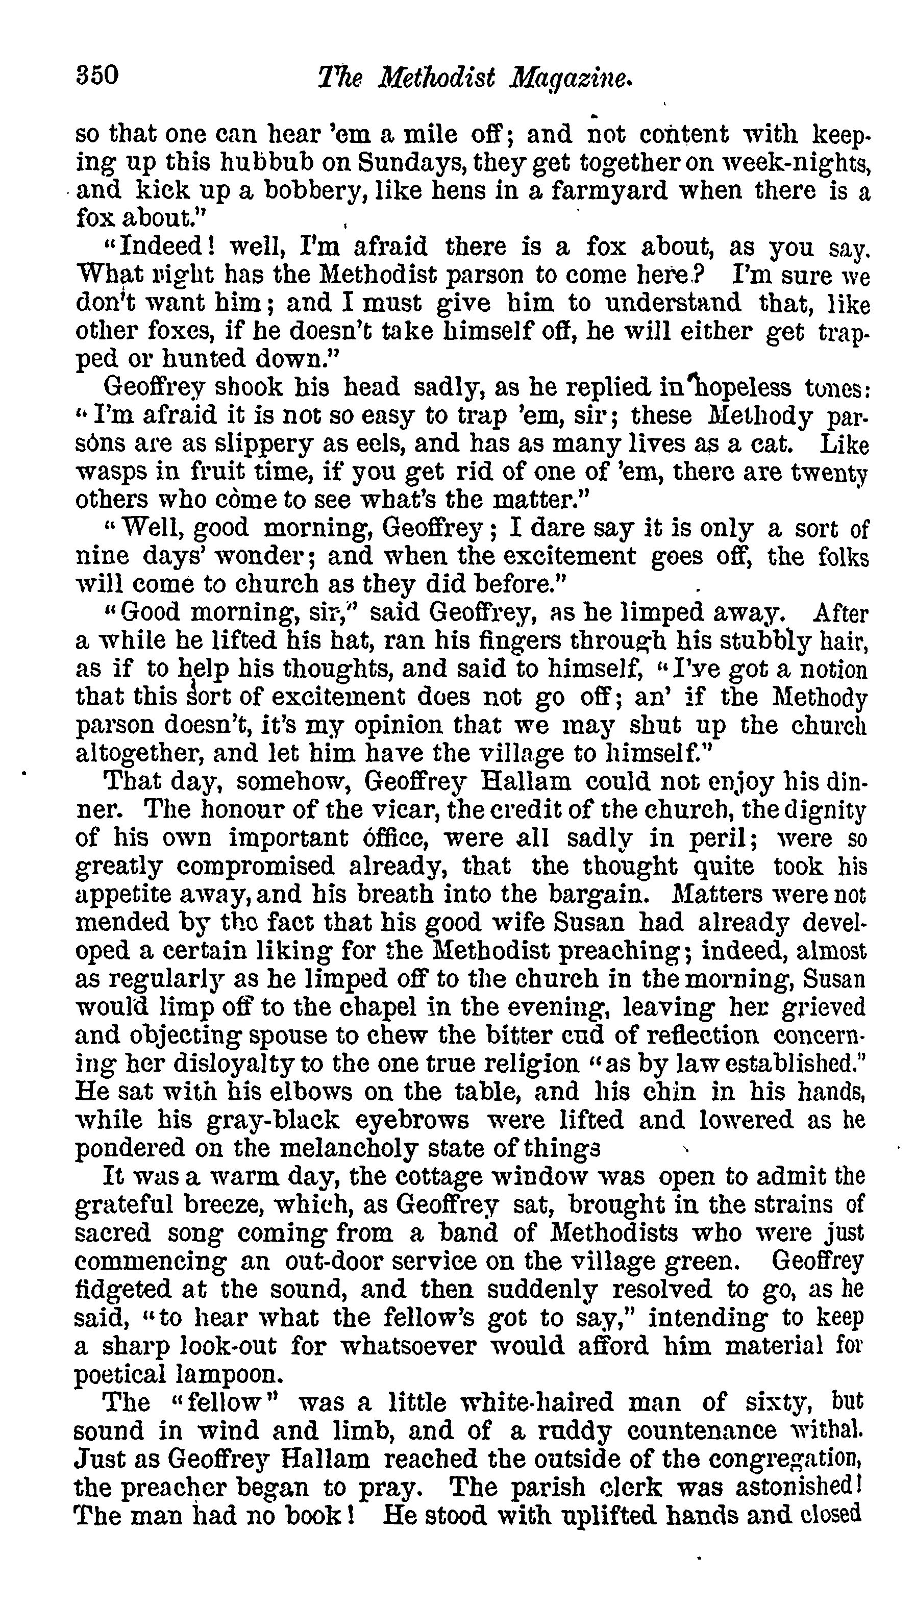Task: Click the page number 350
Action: click(97, 76)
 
